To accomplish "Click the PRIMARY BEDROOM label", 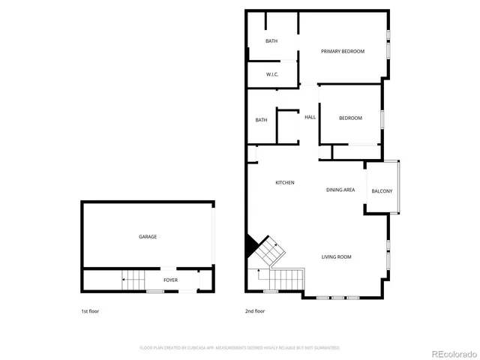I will tap(343, 51).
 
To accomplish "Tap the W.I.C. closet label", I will tap(272, 74).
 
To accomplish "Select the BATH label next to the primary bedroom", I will tap(271, 41).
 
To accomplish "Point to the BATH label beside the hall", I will tap(261, 120).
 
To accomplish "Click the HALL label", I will tap(310, 117).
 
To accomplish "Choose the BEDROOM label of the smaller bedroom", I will tap(350, 118).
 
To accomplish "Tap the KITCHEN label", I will tap(284, 183).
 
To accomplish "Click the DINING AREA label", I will tap(340, 190).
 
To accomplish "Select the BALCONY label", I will tap(382, 191).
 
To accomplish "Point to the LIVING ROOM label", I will tap(337, 257).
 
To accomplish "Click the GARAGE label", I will tap(148, 236).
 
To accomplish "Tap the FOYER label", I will tap(171, 280).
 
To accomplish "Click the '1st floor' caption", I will tap(89, 310).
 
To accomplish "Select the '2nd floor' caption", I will tap(255, 310).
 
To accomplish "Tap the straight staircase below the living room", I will tap(285, 280).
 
